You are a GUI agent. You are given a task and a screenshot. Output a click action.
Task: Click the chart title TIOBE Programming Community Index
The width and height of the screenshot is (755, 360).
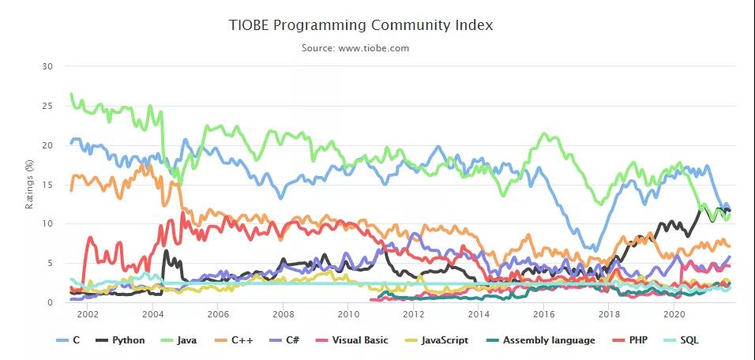pos(360,25)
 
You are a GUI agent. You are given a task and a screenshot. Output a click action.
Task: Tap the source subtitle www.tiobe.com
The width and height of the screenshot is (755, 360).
pos(355,48)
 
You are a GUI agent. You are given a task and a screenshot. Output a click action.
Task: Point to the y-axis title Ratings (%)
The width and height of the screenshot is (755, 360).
pos(31,184)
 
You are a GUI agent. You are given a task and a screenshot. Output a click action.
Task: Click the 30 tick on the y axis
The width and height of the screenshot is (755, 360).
pos(47,66)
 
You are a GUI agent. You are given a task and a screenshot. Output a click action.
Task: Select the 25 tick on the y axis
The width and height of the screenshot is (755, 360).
pos(47,106)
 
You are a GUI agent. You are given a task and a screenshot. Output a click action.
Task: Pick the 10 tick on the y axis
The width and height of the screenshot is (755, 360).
pos(47,223)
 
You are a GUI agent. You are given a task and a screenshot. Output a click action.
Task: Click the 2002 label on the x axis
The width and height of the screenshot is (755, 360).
pos(88,314)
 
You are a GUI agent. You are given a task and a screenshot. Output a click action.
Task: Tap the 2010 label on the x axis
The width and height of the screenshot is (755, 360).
pos(347,314)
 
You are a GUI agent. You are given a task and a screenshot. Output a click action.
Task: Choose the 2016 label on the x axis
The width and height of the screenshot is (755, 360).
pos(543,314)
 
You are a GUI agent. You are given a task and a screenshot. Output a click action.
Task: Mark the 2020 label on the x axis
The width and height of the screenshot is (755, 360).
pos(674,314)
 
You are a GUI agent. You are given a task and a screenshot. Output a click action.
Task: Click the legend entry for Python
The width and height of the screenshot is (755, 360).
pos(122,340)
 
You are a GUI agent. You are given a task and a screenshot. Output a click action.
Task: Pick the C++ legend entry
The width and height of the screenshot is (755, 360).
pos(242,340)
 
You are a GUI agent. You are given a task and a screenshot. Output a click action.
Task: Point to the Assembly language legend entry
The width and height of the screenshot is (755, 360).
pos(543,340)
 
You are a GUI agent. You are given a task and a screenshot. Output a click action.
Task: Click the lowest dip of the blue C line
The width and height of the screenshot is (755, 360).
pos(593,250)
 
